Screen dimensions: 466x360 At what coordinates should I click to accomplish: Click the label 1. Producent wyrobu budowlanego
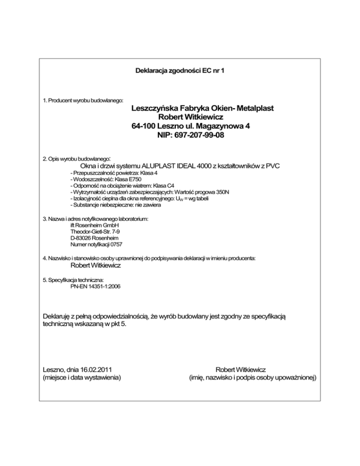(83, 100)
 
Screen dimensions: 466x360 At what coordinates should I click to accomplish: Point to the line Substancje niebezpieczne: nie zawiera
(115, 205)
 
